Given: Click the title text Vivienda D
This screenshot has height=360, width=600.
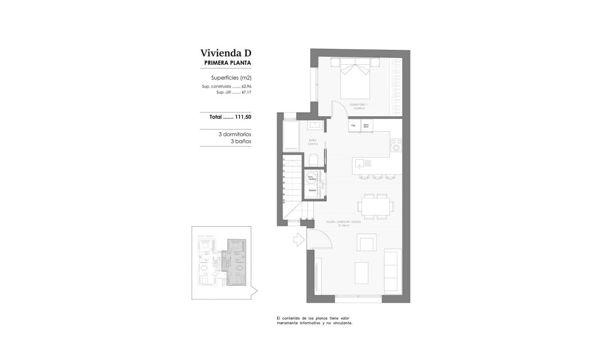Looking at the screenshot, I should (225, 53).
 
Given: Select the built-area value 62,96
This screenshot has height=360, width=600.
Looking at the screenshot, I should (246, 86).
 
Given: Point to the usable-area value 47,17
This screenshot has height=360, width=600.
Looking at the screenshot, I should (246, 92).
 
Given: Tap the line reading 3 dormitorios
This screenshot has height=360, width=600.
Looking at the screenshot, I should (234, 134).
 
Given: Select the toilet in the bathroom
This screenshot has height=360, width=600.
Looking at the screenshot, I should (313, 160).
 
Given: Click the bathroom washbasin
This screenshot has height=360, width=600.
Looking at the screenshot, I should (314, 126).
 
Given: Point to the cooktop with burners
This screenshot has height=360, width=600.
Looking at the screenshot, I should (396, 145).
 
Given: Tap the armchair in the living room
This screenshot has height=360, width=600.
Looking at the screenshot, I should (366, 244).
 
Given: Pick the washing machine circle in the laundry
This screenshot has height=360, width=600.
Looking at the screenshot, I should (312, 177).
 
